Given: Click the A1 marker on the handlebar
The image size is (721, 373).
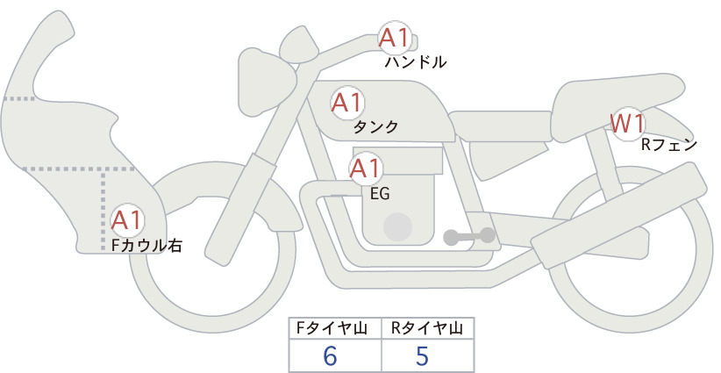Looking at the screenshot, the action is (395, 38).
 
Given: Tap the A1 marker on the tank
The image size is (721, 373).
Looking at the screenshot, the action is (347, 103).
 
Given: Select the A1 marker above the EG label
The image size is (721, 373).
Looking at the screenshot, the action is (366, 169).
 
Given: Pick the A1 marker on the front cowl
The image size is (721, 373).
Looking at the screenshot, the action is (127, 220).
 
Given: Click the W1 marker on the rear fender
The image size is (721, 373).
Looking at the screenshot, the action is (627, 124).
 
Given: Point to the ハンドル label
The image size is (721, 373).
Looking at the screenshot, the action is (416, 62).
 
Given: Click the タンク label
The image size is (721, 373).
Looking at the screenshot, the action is (375, 127).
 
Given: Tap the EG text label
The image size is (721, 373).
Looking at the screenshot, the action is (380, 194).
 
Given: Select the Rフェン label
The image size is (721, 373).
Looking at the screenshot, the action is (669, 145).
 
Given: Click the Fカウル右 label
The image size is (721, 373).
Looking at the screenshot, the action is (147, 245).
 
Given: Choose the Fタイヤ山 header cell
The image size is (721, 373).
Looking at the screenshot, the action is (335, 328).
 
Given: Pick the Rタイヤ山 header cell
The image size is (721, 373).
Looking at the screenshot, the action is (428, 328).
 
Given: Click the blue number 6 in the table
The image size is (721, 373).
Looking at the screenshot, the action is (330, 355).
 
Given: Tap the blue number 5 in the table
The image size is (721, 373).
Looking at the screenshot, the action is (422, 355).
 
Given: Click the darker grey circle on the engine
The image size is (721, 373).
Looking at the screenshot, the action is (397, 227).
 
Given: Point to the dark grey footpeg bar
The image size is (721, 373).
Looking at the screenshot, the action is (469, 236).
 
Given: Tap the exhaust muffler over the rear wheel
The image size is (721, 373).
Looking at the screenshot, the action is (618, 215).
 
